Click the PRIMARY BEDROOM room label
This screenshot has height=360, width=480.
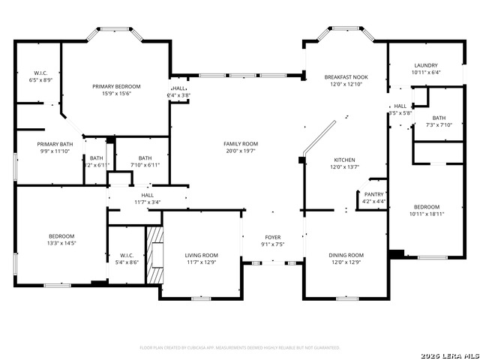tap(117, 87)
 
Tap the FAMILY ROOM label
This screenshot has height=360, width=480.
tap(240, 143)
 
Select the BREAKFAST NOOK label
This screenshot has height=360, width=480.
tap(346, 77)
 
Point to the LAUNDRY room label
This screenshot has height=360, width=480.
tap(425, 65)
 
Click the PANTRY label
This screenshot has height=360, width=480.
tap(373, 194)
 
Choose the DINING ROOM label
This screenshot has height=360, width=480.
tap(346, 255)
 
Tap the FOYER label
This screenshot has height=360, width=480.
tap(272, 237)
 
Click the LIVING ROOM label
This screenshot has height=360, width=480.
tap(202, 255)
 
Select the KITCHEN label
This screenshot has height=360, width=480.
tap(344, 160)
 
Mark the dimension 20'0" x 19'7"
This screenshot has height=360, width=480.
tap(240, 151)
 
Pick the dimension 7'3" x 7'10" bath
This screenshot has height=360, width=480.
tap(439, 125)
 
